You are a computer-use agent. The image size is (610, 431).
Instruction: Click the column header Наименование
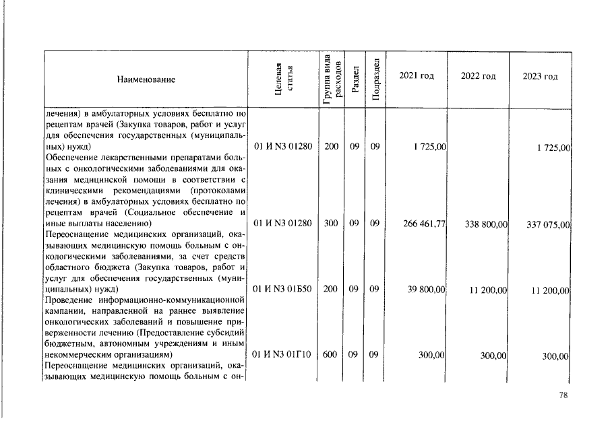click(x=146, y=79)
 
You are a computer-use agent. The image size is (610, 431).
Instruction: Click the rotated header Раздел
click(x=355, y=78)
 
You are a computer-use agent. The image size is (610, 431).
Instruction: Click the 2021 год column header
click(x=416, y=75)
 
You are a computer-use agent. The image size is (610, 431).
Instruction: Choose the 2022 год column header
click(x=478, y=76)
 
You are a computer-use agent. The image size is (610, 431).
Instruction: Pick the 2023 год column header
click(x=540, y=76)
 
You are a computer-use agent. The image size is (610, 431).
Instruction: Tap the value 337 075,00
click(x=549, y=225)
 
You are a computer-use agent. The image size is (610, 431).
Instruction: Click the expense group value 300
click(x=331, y=223)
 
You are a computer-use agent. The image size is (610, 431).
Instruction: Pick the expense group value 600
click(x=331, y=354)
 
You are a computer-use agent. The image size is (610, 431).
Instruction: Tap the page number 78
click(x=563, y=396)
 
